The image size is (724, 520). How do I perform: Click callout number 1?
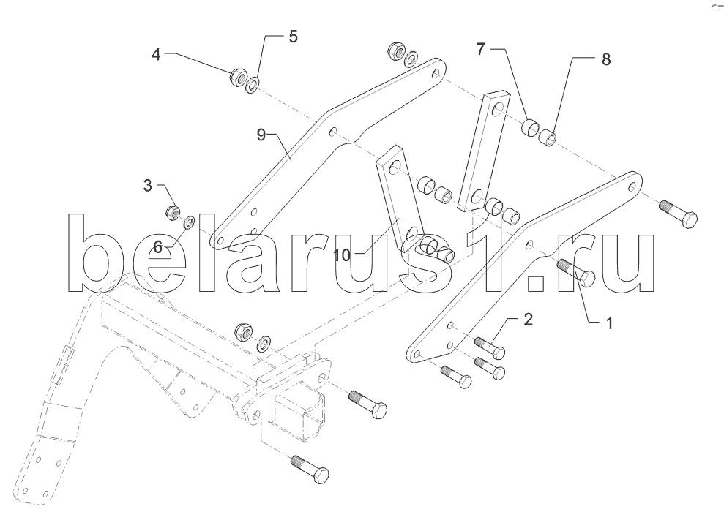click(609, 323)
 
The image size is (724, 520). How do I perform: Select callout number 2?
click(528, 320)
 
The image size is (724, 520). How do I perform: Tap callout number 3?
click(147, 186)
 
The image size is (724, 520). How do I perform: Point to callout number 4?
click(156, 54)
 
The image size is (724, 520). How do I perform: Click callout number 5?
click(294, 37)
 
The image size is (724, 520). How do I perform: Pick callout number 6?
click(158, 247)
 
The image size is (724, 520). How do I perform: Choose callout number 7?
click(481, 49)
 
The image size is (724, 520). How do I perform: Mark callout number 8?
click(606, 59)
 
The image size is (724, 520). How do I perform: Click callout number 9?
click(261, 135)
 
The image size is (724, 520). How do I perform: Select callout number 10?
click(342, 255)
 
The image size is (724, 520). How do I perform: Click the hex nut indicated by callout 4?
click(237, 77)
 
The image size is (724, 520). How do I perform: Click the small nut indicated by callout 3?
click(173, 211)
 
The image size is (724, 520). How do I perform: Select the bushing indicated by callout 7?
click(531, 127)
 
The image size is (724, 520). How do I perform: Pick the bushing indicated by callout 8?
click(548, 137)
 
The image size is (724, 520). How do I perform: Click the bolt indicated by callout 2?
click(490, 347)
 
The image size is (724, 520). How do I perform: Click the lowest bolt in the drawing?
click(310, 468)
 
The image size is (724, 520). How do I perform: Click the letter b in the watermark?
click(96, 253)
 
